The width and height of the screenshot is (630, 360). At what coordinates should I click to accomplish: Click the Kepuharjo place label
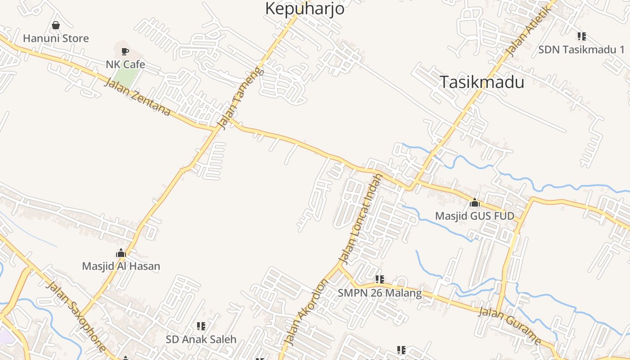pyautogui.click(x=305, y=9)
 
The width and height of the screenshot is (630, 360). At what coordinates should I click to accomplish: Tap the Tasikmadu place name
pyautogui.click(x=481, y=82)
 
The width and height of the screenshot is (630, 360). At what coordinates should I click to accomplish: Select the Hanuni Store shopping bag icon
pyautogui.click(x=56, y=25)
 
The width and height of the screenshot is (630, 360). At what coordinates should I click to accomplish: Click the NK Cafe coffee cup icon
pyautogui.click(x=125, y=52)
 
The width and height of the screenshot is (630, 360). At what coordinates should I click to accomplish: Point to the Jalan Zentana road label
pyautogui.click(x=137, y=97)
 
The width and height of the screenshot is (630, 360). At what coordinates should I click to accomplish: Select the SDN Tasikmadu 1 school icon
pyautogui.click(x=581, y=36)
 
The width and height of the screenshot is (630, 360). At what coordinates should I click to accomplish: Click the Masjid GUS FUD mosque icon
pyautogui.click(x=474, y=203)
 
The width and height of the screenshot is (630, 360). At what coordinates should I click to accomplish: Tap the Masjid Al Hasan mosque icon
pyautogui.click(x=121, y=253)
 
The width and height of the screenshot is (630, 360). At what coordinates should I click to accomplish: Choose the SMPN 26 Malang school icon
pyautogui.click(x=380, y=280)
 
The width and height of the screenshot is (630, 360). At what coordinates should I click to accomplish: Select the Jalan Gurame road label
pyautogui.click(x=510, y=325)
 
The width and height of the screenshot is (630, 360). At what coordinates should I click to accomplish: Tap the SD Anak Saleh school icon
pyautogui.click(x=201, y=326)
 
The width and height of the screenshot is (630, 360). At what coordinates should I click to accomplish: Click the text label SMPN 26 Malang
pyautogui.click(x=380, y=293)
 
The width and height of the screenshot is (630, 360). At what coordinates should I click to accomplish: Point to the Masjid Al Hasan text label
pyautogui.click(x=121, y=266)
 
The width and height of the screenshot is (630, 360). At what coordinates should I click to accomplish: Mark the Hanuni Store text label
pyautogui.click(x=56, y=38)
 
